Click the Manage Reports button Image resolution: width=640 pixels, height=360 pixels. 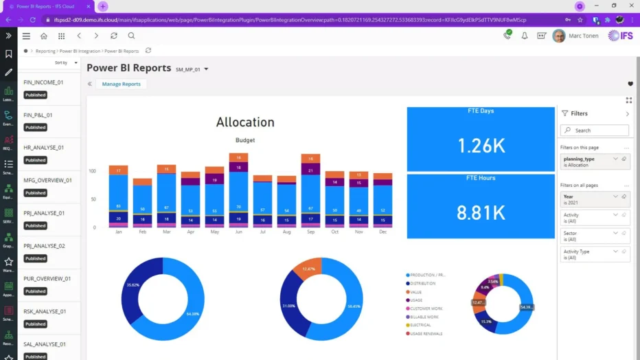pyautogui.click(x=121, y=84)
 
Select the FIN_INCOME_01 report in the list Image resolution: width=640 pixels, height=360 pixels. pyautogui.click(x=43, y=82)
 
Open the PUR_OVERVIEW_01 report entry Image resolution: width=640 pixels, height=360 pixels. pyautogui.click(x=47, y=278)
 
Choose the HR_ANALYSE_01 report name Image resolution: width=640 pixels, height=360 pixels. pyautogui.click(x=43, y=147)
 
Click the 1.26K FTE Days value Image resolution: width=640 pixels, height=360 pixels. pyautogui.click(x=481, y=146)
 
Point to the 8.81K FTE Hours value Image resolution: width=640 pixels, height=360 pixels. pyautogui.click(x=481, y=212)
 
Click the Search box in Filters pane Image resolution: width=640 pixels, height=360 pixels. pyautogui.click(x=595, y=130)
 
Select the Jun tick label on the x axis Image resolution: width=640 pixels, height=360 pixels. pyautogui.click(x=239, y=232)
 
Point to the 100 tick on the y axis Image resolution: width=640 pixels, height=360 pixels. pyautogui.click(x=92, y=170)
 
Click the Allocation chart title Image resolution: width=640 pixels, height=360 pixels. pyautogui.click(x=245, y=122)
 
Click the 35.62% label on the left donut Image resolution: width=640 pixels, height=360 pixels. pyautogui.click(x=133, y=284)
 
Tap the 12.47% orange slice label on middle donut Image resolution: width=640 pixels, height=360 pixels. pyautogui.click(x=308, y=269)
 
